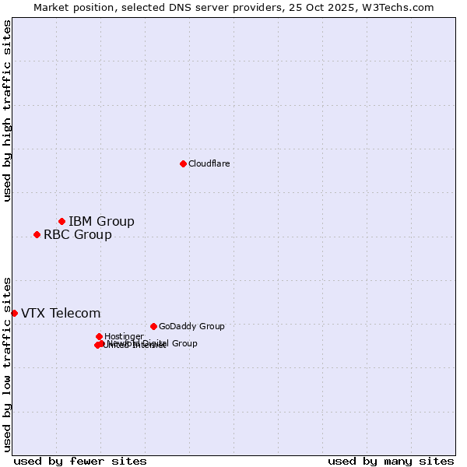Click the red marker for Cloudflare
pos(183,163)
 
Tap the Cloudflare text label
pos(209,163)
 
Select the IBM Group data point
pos(61,221)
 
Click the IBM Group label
pos(101,221)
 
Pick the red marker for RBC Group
pos(37,234)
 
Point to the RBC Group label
pos(77,234)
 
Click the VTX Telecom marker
pos(14,313)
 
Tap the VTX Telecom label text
pos(61,313)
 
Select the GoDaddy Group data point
pos(153,326)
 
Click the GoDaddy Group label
pos(191,326)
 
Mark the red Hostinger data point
pos(99,336)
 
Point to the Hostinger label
pos(124,336)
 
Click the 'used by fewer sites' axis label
pos(80,461)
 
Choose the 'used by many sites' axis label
pos(391,461)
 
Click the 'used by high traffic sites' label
pos(7,111)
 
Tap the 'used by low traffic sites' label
pos(7,363)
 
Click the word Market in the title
pos(52,7)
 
